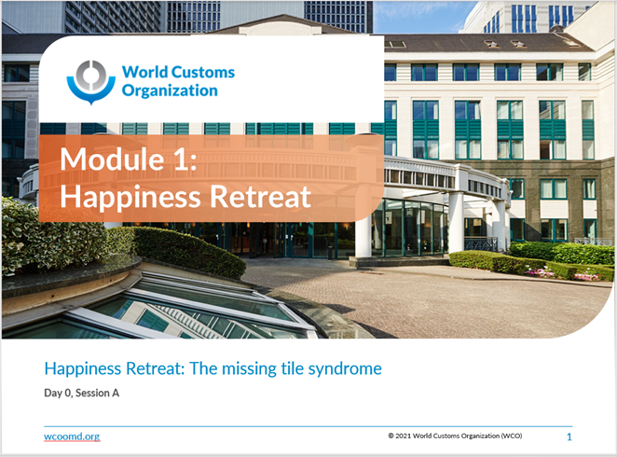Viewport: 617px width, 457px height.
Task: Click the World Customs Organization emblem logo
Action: (x=91, y=82)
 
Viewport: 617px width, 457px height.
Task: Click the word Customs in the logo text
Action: (x=203, y=73)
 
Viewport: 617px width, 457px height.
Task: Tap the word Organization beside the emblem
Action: (x=170, y=90)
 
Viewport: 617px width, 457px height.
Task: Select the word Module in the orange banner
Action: (x=112, y=159)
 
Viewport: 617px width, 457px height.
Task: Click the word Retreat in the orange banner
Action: (x=260, y=196)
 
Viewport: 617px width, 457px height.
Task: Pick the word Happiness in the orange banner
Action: (x=130, y=198)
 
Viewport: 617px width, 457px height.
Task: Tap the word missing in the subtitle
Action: (x=249, y=369)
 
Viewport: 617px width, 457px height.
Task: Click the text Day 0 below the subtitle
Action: (x=58, y=394)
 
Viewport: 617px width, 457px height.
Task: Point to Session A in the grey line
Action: (x=97, y=393)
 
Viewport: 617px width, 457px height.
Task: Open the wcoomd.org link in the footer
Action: (x=72, y=436)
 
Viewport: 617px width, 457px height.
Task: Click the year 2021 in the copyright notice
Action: (x=403, y=436)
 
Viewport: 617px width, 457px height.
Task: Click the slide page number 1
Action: (x=569, y=436)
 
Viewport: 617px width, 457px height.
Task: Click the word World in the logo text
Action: (x=144, y=73)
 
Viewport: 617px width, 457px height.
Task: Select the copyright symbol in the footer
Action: (x=391, y=436)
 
